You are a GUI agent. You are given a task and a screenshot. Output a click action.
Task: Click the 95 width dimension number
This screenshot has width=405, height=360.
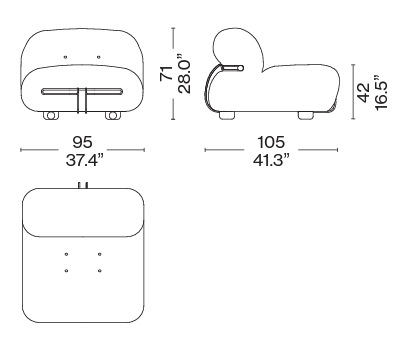(82, 142)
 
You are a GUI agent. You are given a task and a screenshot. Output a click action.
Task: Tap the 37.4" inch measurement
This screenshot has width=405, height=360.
(82, 160)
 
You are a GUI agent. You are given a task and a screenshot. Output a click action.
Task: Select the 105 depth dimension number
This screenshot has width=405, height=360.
(271, 142)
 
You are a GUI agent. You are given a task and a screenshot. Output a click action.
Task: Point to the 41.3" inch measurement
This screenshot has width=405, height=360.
(270, 160)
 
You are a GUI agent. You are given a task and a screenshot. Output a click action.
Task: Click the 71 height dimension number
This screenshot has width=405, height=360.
(166, 73)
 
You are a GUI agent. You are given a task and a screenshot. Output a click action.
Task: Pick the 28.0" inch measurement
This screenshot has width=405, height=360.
(184, 73)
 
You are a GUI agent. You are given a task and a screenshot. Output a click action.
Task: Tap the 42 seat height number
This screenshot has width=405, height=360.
(363, 92)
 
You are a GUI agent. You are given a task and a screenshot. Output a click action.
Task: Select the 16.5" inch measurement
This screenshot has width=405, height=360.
(381, 92)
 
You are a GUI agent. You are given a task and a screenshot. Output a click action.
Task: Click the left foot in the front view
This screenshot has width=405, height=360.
(50, 115)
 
